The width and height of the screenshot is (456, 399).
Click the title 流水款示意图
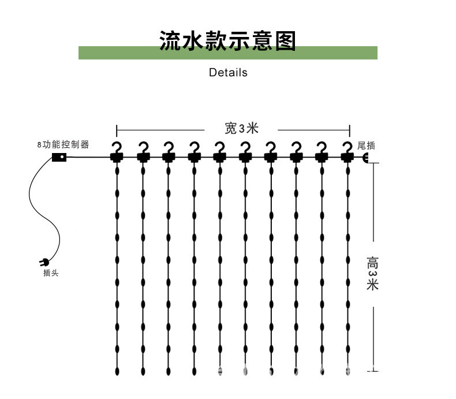coord(227,41)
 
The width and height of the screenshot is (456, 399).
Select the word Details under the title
coord(228,73)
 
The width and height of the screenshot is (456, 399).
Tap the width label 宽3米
coord(242,129)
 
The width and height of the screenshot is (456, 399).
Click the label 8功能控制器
coord(63,145)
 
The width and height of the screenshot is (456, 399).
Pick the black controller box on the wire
coord(59,157)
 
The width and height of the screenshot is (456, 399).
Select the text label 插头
coord(51,273)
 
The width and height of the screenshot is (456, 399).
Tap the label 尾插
coord(366,146)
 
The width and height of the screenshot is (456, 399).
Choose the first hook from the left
coord(117,151)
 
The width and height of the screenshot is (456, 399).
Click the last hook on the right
coord(347,151)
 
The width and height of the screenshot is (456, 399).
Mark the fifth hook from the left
coord(219,151)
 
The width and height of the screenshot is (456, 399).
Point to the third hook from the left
coord(168,151)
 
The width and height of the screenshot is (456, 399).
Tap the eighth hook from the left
coord(296,151)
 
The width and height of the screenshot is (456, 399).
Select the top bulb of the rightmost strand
coord(347,171)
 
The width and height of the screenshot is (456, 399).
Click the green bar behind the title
coord(115,53)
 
